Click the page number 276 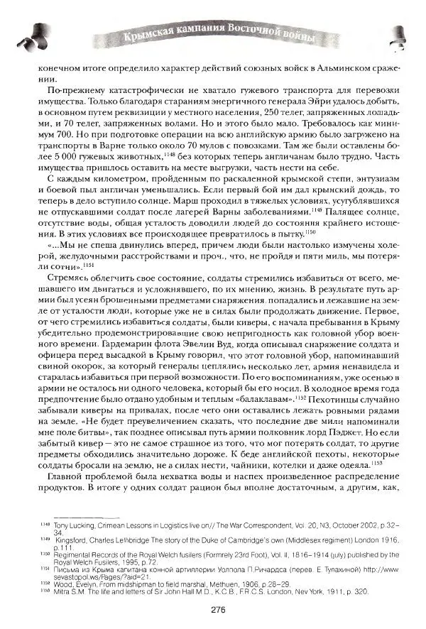tap(219, 608)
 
